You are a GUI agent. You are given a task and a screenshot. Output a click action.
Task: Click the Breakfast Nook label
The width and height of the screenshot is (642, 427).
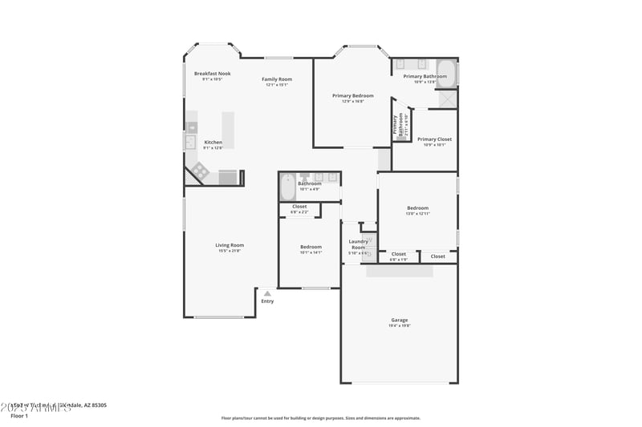(213, 74)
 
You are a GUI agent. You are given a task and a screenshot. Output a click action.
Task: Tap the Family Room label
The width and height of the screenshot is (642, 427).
(277, 79)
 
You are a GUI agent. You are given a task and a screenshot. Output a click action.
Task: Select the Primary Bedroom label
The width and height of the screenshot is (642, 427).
(353, 96)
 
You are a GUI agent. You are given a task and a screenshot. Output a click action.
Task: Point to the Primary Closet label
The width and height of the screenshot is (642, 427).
(434, 139)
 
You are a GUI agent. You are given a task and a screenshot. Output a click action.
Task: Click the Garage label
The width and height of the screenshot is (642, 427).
(400, 320)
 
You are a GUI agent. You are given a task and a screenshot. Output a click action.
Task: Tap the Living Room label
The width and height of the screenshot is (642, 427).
(230, 245)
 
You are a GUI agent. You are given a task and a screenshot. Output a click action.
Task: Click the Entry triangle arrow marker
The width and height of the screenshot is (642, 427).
(267, 293)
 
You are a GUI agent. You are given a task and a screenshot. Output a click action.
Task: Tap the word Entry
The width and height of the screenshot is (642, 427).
(267, 301)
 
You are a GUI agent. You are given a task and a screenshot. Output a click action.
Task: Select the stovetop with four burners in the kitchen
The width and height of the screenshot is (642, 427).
(199, 171)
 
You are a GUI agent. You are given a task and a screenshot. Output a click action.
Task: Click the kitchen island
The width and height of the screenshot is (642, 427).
(228, 130)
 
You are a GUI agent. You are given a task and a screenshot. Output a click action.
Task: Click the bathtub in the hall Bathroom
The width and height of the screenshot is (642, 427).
(287, 188)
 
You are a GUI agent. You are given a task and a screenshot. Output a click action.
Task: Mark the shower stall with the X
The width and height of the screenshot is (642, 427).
(448, 99)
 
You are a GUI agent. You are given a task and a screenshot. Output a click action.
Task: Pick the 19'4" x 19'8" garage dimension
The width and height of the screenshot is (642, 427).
(400, 325)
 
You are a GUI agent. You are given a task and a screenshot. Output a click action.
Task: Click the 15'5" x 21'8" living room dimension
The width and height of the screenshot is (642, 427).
(230, 251)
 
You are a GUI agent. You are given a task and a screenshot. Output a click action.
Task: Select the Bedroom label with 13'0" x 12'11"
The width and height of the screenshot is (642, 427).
(417, 208)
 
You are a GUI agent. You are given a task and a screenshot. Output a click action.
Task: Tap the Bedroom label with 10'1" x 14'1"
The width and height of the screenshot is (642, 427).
(311, 247)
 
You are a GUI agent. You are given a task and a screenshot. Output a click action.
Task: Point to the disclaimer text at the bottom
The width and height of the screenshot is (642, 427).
(320, 417)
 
